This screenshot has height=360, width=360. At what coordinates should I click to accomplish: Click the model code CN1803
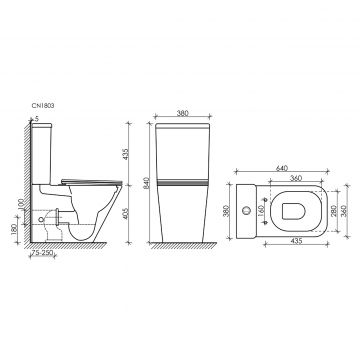(43, 106)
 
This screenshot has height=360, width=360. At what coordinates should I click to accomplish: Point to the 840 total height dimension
(145, 183)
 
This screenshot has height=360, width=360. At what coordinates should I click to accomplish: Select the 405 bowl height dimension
(126, 214)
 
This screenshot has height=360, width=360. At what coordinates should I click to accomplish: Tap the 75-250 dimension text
(42, 253)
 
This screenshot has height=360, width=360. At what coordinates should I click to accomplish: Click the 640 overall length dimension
(282, 168)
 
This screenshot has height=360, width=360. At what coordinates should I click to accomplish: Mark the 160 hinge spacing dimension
(261, 211)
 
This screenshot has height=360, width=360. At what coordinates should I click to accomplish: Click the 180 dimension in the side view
(14, 229)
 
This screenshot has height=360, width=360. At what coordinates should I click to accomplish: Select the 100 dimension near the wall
(22, 205)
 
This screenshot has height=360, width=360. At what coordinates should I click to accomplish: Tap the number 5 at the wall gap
(37, 118)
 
